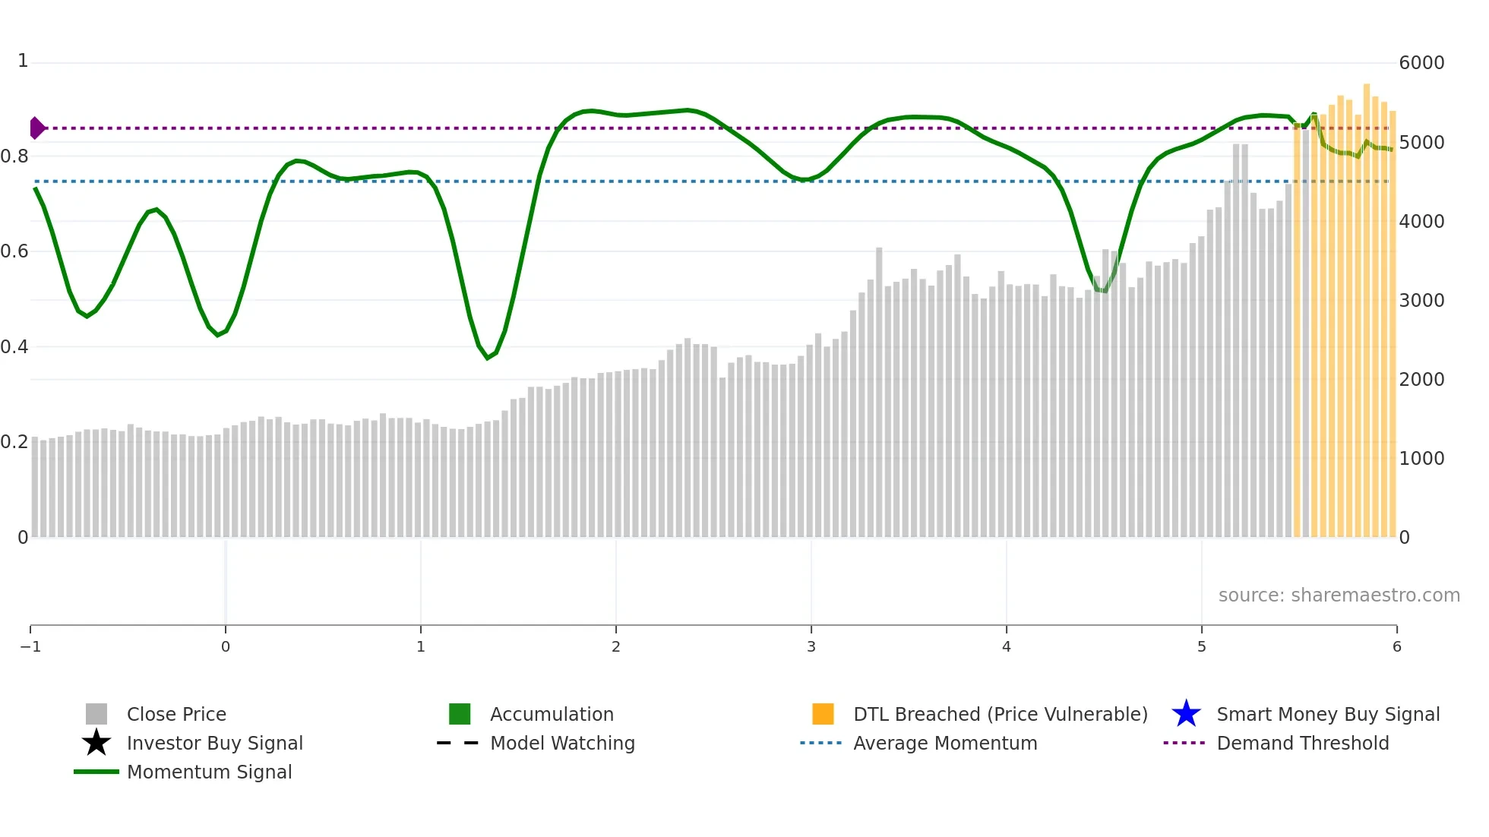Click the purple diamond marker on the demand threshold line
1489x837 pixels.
(36, 128)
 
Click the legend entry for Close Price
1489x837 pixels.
(175, 714)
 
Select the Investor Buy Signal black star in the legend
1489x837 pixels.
(96, 743)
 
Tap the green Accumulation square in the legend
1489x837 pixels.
(460, 714)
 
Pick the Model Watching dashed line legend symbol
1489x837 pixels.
(457, 743)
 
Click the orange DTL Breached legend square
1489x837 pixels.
(823, 714)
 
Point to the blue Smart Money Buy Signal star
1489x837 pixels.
(1186, 714)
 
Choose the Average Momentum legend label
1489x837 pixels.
(945, 743)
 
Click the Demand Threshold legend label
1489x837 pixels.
(1302, 743)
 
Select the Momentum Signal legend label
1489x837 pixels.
(209, 772)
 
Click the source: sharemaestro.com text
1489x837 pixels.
(1339, 595)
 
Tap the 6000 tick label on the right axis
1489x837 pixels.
(1421, 63)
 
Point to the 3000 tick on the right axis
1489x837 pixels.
(1421, 300)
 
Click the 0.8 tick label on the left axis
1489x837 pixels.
(14, 156)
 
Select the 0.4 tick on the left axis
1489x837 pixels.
(14, 347)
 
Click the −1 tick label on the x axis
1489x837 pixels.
(30, 646)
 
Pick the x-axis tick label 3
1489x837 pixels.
(811, 646)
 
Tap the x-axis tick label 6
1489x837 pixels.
(1396, 646)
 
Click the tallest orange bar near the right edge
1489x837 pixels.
(1367, 304)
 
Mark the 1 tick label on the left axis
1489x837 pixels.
(23, 61)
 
